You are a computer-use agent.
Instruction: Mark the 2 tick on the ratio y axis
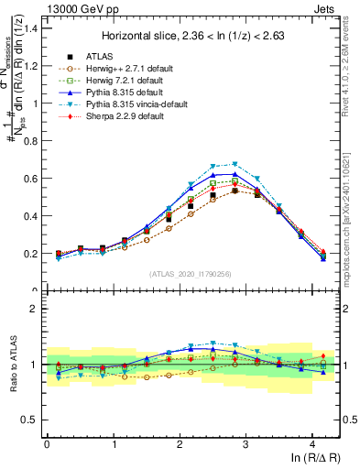coord(35,309)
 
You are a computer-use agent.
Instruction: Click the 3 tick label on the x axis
coord(246,443)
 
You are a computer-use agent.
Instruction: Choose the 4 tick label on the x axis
coord(313,443)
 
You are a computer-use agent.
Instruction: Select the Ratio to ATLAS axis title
coord(12,365)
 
